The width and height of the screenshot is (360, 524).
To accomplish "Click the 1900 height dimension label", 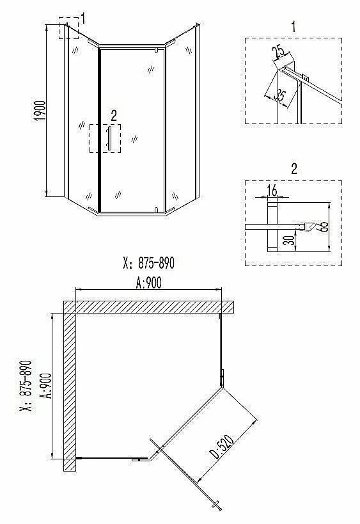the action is click(x=40, y=111).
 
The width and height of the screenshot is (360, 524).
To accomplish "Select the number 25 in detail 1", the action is click(x=278, y=51).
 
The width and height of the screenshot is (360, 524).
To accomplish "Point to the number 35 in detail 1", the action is click(x=279, y=95).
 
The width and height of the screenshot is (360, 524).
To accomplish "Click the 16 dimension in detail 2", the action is click(x=272, y=191).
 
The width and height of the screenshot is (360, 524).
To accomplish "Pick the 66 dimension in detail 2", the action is click(x=324, y=226).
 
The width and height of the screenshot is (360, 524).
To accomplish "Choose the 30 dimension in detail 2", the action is click(x=291, y=240).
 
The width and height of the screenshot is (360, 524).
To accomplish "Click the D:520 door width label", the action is click(x=221, y=447).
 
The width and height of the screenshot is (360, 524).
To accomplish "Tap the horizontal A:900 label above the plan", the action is click(x=148, y=283).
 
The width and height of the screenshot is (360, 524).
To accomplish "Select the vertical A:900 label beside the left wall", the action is click(x=47, y=386).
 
